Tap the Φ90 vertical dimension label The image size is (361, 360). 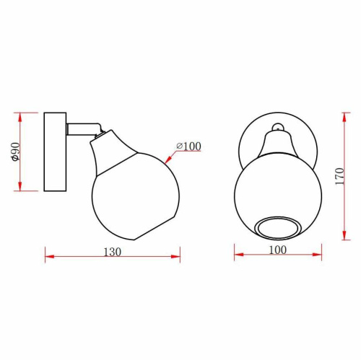14,152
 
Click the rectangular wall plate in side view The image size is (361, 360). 55,152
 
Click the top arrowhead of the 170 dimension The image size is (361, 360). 343,113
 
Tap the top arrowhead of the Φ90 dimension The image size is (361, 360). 21,114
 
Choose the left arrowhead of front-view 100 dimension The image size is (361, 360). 236,255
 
